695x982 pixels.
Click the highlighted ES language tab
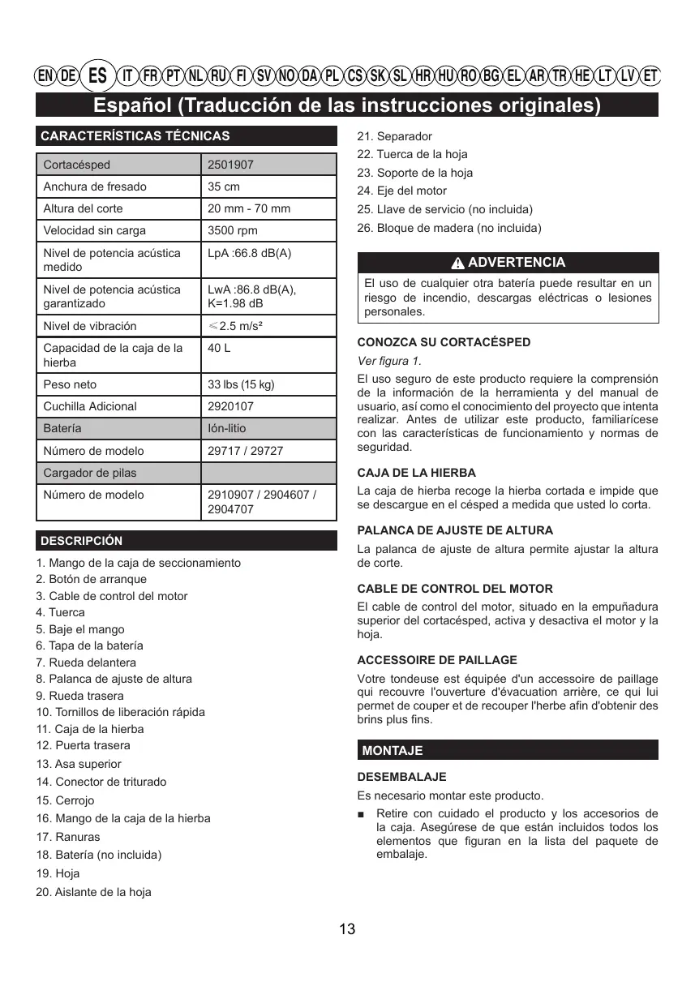coord(98,76)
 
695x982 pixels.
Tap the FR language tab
coord(150,76)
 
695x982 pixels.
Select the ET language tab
coord(650,76)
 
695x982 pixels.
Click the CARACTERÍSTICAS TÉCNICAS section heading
coord(135,136)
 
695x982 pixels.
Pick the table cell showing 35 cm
coord(224,187)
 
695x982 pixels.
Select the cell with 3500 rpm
coord(233,230)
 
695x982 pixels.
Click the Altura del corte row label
coord(84,208)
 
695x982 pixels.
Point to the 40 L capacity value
coord(219,348)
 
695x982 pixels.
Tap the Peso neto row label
coord(69,384)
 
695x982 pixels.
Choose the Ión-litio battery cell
coord(227,428)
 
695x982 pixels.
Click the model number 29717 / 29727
coord(246,451)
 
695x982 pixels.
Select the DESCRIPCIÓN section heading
coord(82,541)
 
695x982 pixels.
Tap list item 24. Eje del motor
coord(401,191)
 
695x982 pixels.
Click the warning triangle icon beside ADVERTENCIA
coord(458,264)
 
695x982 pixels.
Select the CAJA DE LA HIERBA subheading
coord(417,473)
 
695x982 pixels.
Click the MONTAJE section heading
coord(393,751)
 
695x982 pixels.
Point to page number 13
coord(347,929)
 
